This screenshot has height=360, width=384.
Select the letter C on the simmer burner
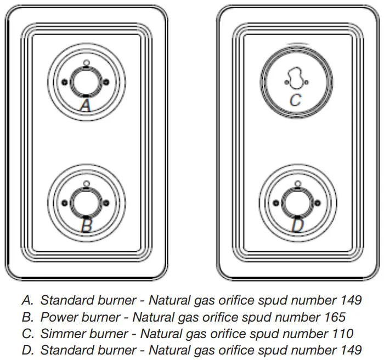click(x=295, y=100)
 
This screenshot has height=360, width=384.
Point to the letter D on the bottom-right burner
click(x=296, y=225)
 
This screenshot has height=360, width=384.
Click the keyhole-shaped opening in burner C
click(x=295, y=80)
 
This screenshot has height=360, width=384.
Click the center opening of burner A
click(x=85, y=81)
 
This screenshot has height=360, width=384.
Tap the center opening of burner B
click(x=85, y=203)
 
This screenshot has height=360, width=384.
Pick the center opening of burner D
click(x=296, y=203)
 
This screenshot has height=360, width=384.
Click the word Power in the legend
click(x=58, y=317)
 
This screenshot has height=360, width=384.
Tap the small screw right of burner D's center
click(x=317, y=203)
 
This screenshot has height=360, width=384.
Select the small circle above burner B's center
click(x=85, y=182)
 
